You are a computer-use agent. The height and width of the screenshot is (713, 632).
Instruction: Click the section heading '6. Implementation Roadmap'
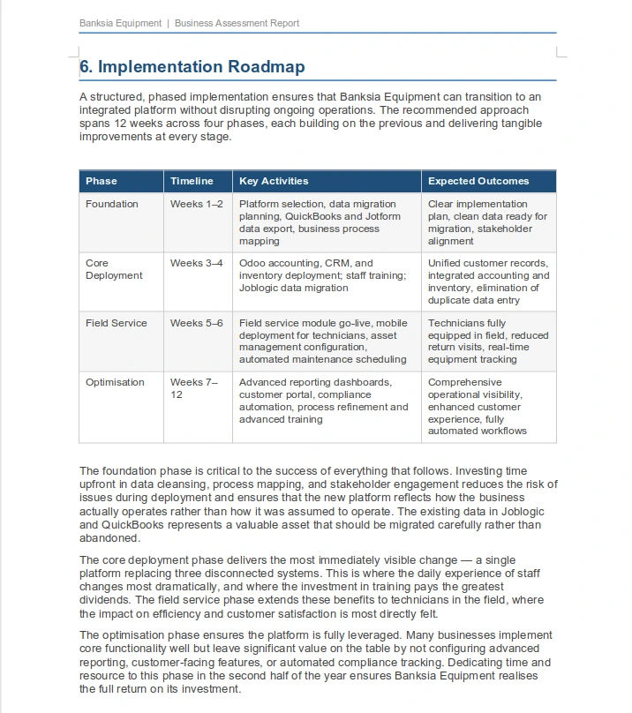point(192,66)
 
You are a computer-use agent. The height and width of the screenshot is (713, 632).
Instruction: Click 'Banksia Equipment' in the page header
point(119,23)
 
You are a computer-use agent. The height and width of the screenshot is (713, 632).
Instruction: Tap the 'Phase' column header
point(102,181)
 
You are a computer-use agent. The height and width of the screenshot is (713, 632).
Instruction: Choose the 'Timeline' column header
point(192,181)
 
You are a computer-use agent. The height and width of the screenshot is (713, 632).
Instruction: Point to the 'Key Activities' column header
point(274,181)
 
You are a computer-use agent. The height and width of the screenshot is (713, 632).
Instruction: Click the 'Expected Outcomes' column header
point(478,181)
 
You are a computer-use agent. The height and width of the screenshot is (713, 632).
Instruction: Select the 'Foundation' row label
point(112,204)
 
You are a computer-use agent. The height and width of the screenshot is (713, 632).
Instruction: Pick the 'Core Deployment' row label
point(114,269)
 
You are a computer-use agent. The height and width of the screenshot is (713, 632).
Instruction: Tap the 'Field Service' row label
point(117,323)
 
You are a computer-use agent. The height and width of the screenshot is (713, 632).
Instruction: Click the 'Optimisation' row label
point(115,382)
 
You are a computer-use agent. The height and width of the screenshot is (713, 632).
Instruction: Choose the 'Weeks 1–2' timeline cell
point(196,204)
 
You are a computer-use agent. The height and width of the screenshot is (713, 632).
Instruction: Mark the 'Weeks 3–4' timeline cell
point(196,263)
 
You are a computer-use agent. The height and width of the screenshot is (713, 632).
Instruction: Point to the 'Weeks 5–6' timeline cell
point(196,323)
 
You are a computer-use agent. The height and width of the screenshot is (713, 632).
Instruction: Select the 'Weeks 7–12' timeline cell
point(193,388)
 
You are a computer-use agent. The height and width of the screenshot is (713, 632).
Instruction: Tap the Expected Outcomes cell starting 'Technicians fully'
point(488,341)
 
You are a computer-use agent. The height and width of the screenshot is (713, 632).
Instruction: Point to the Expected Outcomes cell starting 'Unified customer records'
point(488,281)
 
